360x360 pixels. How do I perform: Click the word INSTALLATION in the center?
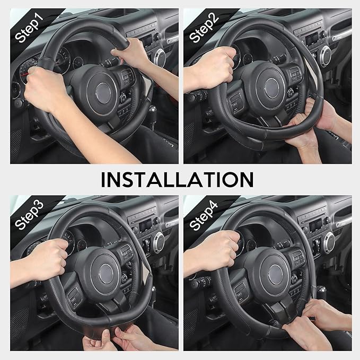(x=177, y=179)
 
